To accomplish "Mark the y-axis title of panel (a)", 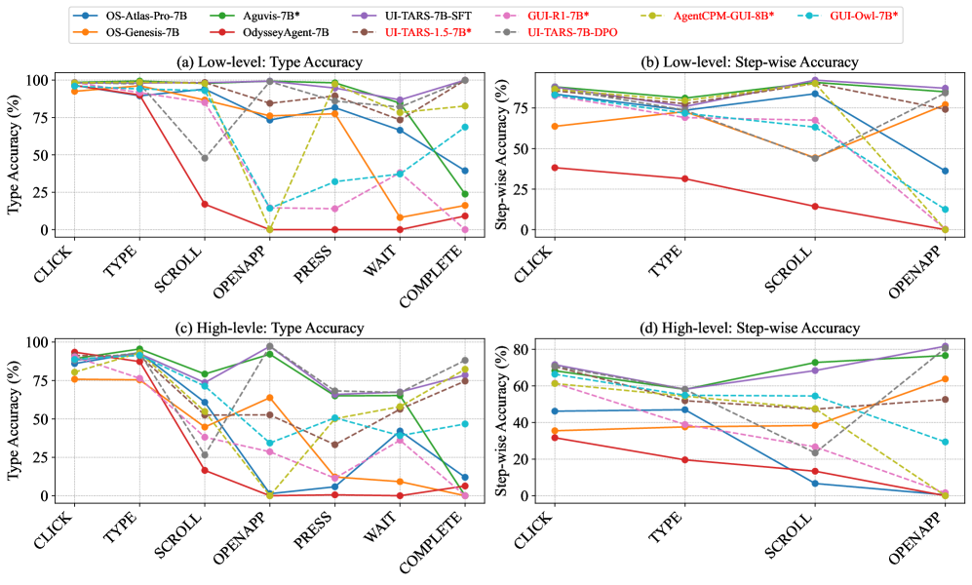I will pyautogui.click(x=15, y=153).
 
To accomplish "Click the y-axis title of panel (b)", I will pyautogui.click(x=503, y=153).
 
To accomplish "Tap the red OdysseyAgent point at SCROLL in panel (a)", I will pyautogui.click(x=205, y=204).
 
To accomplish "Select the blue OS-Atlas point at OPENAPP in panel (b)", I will pyautogui.click(x=943, y=171).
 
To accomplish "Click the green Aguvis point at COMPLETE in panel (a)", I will pyautogui.click(x=464, y=194).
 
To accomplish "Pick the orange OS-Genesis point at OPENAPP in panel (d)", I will pyautogui.click(x=943, y=379).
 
